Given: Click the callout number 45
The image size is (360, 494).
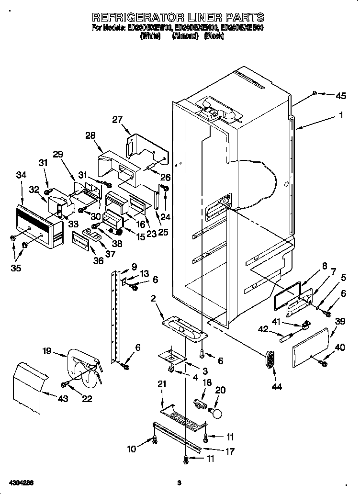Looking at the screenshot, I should tap(340, 96).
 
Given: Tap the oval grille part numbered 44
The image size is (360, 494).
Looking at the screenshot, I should tap(270, 359).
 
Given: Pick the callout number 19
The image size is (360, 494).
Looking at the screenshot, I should tap(46, 351).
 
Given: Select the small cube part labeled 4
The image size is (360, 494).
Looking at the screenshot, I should tap(170, 369).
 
